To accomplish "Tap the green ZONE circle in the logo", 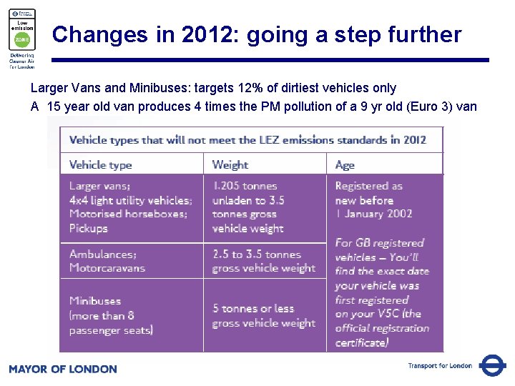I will point(21,40).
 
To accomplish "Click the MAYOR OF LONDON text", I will point(62,369).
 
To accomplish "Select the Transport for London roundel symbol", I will point(492,365).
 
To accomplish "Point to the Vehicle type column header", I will point(100,164).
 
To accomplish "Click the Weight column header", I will point(230,164).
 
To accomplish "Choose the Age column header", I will point(345,164).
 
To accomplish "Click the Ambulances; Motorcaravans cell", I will point(107,261).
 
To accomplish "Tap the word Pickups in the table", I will point(88,229).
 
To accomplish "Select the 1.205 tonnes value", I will point(245,186).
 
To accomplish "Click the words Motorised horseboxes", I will point(129,214).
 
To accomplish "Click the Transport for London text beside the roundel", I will point(440,366).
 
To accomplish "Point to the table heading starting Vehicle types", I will point(247,139).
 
